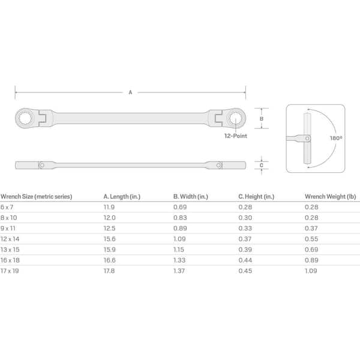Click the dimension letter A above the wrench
(130, 92)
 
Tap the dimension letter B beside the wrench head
(261, 119)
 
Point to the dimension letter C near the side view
(261, 166)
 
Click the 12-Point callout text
(236, 136)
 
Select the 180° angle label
(336, 138)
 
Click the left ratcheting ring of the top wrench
(25, 118)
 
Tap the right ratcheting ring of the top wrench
(236, 119)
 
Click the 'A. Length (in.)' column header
(122, 197)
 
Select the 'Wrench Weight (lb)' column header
(331, 197)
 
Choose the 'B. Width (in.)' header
(191, 197)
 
